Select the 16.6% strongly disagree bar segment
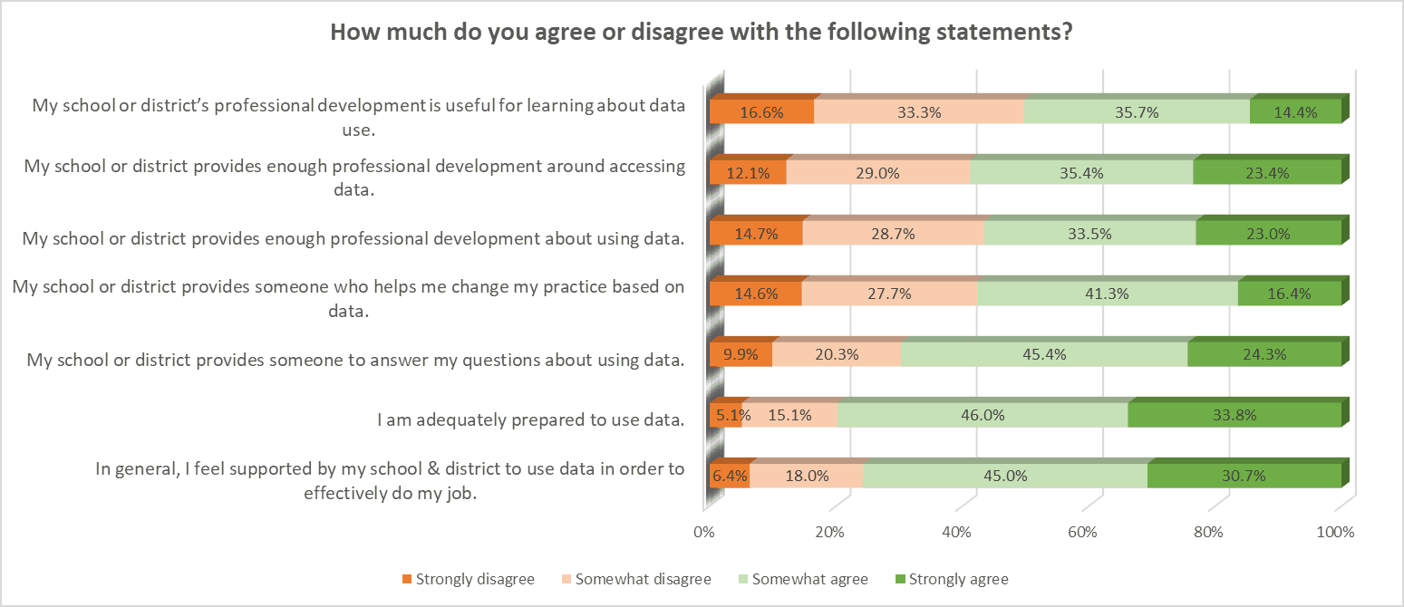(761, 112)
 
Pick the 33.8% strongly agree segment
(1234, 415)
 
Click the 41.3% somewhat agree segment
(1107, 294)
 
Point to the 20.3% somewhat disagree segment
(836, 354)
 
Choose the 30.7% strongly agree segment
(1244, 476)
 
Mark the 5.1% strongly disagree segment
(725, 415)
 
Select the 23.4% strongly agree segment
(1266, 172)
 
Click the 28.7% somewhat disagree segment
(892, 233)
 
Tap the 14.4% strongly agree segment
(1295, 112)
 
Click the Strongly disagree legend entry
(468, 579)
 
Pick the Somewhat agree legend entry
(801, 579)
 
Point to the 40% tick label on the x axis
(957, 533)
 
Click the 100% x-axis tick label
(1336, 533)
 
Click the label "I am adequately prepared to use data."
(530, 419)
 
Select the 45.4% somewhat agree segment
(1043, 354)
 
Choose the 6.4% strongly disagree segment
(729, 476)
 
